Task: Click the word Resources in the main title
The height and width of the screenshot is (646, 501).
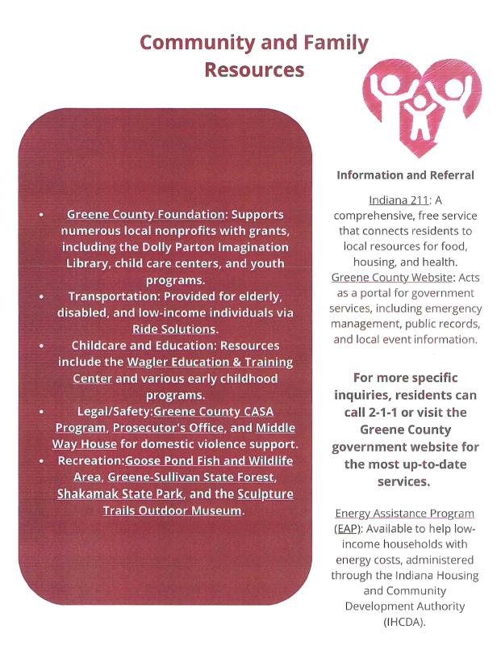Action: (254, 69)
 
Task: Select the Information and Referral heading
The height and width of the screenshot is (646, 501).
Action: (405, 174)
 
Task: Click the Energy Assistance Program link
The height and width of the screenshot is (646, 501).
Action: (404, 514)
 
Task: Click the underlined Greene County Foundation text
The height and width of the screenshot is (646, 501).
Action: (145, 215)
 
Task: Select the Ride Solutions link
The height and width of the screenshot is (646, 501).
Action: (174, 329)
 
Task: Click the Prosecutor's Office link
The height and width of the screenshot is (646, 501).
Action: (166, 427)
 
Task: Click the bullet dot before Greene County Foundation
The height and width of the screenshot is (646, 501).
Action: (41, 216)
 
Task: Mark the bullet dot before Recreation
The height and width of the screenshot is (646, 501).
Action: (41, 461)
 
